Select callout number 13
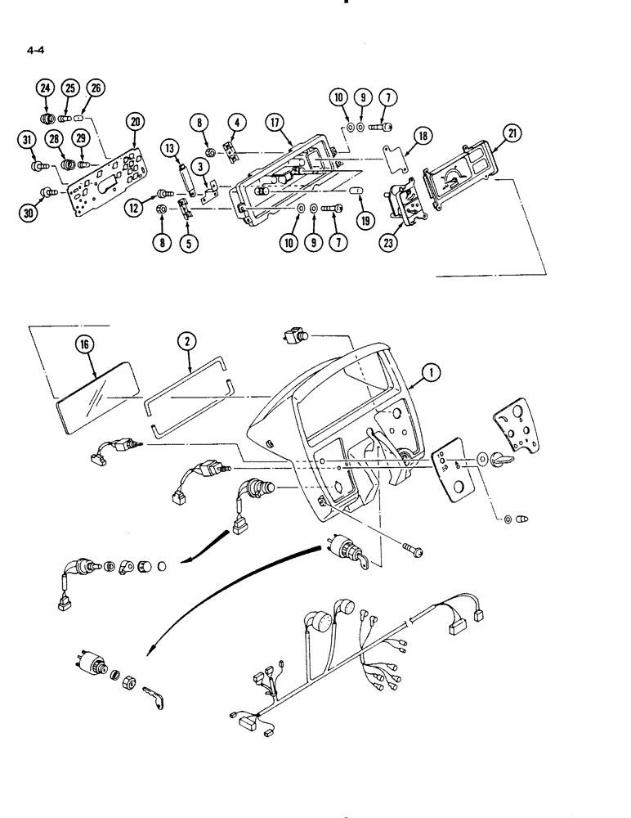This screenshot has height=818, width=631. tap(169, 148)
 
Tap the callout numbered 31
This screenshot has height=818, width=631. tap(27, 142)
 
